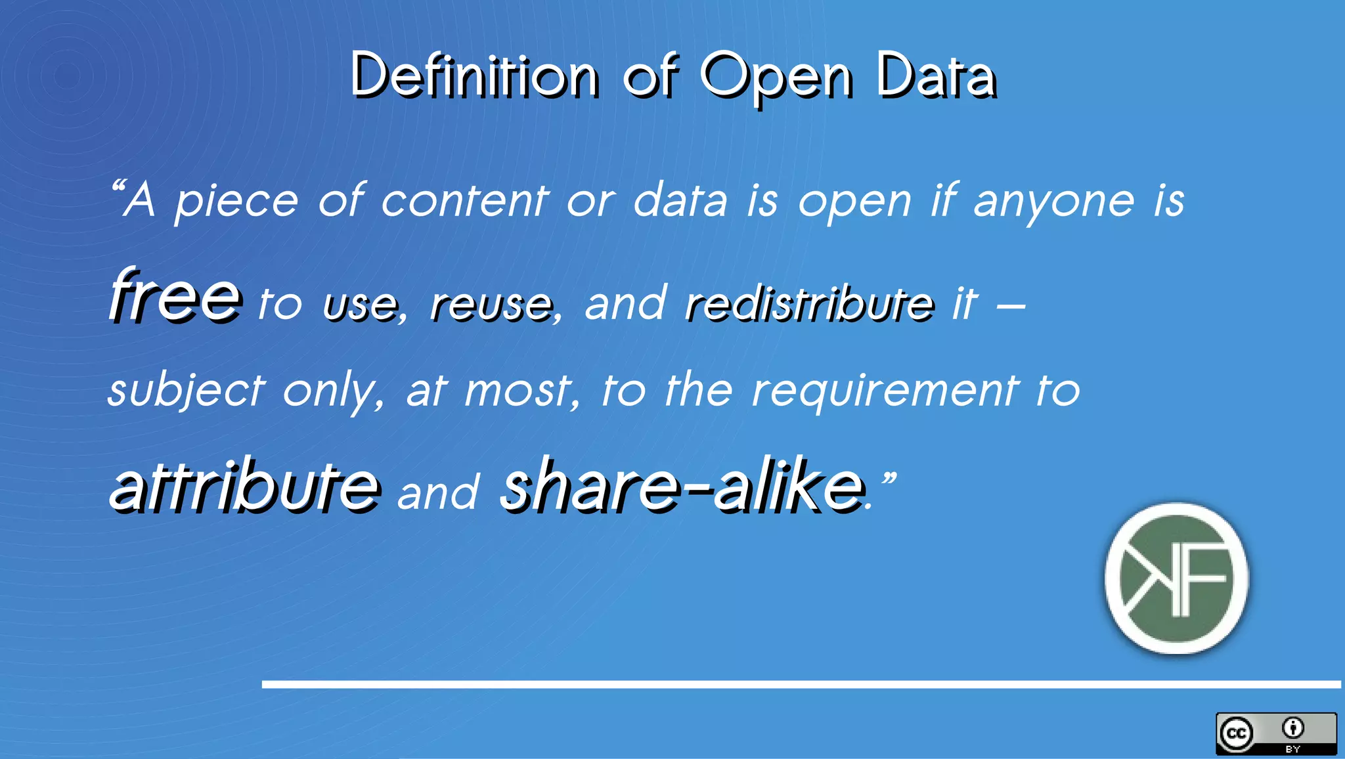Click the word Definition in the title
474,76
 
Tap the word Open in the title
776,77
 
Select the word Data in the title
936,76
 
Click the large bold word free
175,296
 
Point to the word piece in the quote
236,201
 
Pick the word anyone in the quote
1053,202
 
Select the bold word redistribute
808,303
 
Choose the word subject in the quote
187,391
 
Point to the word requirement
885,391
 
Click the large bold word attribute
244,486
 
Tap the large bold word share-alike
682,486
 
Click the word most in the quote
519,391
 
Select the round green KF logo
1176,578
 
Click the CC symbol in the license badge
1237,733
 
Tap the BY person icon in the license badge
1293,728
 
